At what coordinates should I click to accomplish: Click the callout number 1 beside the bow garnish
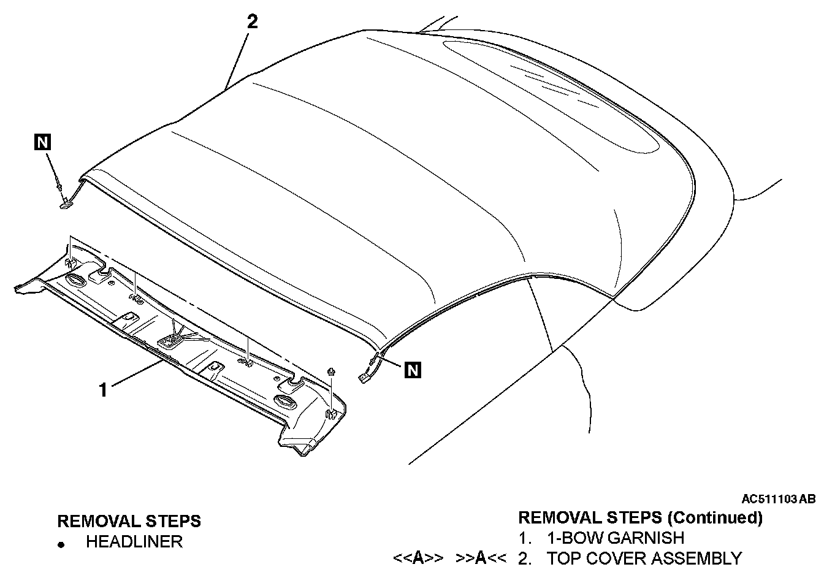pyautogui.click(x=104, y=389)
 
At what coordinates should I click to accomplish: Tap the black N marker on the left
pyautogui.click(x=42, y=143)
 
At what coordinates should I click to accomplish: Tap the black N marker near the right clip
pyautogui.click(x=413, y=369)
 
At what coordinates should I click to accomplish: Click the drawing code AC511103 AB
pyautogui.click(x=778, y=499)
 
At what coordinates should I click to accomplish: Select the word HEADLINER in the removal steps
pyautogui.click(x=134, y=542)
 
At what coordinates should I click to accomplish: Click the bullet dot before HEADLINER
pyautogui.click(x=61, y=544)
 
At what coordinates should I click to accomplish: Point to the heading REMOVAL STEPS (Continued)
pyautogui.click(x=640, y=518)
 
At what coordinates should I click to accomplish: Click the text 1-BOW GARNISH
pyautogui.click(x=615, y=538)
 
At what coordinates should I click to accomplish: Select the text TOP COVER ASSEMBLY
pyautogui.click(x=644, y=558)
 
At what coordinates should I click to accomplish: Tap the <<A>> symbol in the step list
pyautogui.click(x=418, y=558)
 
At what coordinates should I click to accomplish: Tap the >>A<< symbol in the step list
pyautogui.click(x=481, y=558)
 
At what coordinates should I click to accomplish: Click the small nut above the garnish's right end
pyautogui.click(x=332, y=371)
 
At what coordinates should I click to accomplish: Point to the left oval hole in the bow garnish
pyautogui.click(x=77, y=281)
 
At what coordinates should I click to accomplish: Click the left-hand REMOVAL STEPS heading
pyautogui.click(x=129, y=521)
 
